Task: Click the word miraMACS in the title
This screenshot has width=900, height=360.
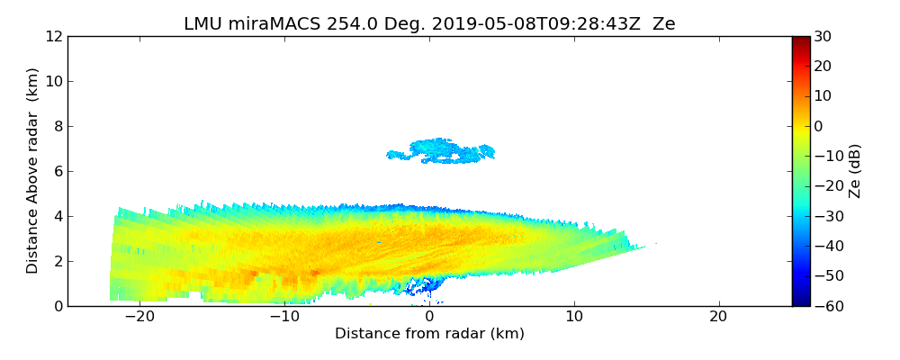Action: [x=263, y=24]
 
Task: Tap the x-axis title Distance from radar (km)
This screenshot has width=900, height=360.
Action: [x=429, y=334]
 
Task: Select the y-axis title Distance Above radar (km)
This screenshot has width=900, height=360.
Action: [x=33, y=171]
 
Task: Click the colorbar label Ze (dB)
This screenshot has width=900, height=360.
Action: [x=855, y=171]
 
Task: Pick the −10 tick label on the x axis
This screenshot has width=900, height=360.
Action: [x=284, y=317]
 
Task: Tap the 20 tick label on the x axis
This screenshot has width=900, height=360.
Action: [x=718, y=317]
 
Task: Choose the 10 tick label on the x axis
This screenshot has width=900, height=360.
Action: [x=573, y=317]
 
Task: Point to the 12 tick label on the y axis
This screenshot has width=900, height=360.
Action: [x=53, y=37]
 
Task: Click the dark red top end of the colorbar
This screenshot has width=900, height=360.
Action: [x=800, y=40]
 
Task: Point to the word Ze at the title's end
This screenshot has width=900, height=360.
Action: [x=664, y=24]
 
